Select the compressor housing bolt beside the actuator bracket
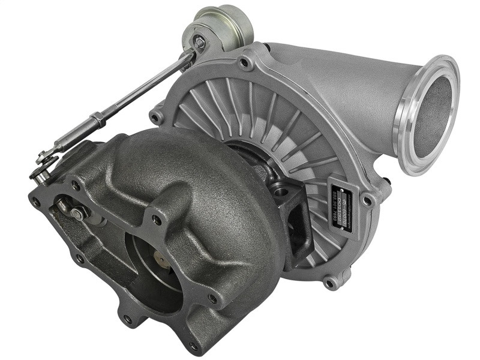click(x=244, y=62)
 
